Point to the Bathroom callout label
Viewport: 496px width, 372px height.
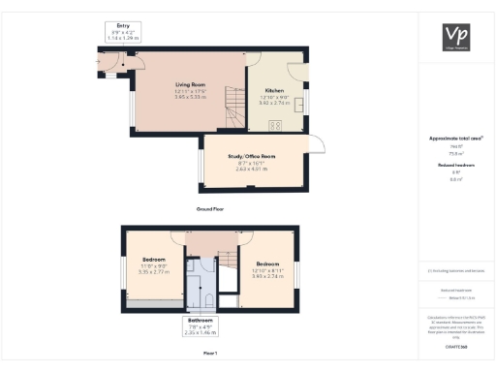tap(201, 320)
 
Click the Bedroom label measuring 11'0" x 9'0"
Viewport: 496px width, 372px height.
tap(154, 261)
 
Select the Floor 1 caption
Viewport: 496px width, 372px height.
tap(210, 353)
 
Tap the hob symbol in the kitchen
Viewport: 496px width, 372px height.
tap(274, 124)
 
